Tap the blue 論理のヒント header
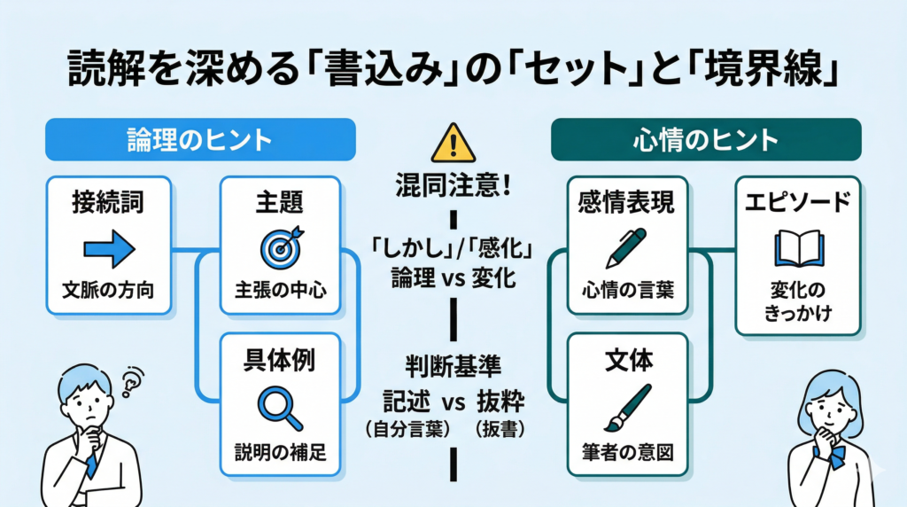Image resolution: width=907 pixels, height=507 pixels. pyautogui.click(x=200, y=140)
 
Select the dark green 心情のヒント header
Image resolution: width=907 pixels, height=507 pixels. pyautogui.click(x=705, y=140)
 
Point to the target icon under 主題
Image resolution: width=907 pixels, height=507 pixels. pyautogui.click(x=281, y=247)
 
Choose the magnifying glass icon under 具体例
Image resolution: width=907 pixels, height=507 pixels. pyautogui.click(x=279, y=406)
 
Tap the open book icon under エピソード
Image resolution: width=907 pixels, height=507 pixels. pyautogui.click(x=798, y=249)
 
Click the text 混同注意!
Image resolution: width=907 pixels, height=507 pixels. pyautogui.click(x=453, y=187)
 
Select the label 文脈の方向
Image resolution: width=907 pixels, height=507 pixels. pyautogui.click(x=108, y=289)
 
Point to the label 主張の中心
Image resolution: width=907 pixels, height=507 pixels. pyautogui.click(x=281, y=289)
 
